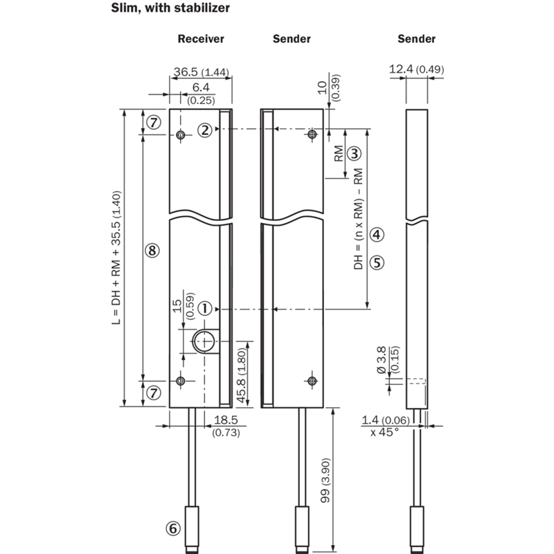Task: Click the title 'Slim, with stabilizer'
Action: pyautogui.click(x=170, y=8)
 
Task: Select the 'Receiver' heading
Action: pyautogui.click(x=201, y=39)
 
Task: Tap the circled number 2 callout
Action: pyautogui.click(x=205, y=130)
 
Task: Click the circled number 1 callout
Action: pyautogui.click(x=205, y=309)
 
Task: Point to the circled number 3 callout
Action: pyautogui.click(x=355, y=153)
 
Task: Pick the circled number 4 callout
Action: pyautogui.click(x=377, y=235)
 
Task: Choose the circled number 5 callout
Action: pyautogui.click(x=377, y=263)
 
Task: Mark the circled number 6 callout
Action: pyautogui.click(x=173, y=528)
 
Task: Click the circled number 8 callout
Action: pyautogui.click(x=152, y=251)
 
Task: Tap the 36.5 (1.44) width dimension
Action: pyautogui.click(x=201, y=72)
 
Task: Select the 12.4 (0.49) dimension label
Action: pyautogui.click(x=417, y=69)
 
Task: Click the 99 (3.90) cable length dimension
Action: pyautogui.click(x=325, y=480)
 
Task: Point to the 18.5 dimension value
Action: pyautogui.click(x=226, y=420)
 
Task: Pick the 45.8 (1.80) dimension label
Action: pyautogui.click(x=242, y=375)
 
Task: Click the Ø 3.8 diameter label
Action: pyautogui.click(x=382, y=359)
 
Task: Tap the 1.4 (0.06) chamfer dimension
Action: pyautogui.click(x=386, y=420)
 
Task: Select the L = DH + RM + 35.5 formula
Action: pyautogui.click(x=116, y=258)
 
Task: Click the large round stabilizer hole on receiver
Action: pyautogui.click(x=204, y=341)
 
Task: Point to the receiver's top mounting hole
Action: pyautogui.click(x=181, y=134)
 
